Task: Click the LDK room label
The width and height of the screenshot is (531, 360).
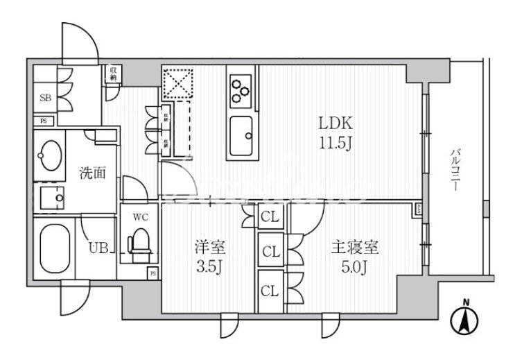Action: [x=336, y=125]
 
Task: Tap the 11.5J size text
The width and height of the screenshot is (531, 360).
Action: [x=336, y=144]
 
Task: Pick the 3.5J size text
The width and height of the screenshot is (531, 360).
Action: [x=208, y=267]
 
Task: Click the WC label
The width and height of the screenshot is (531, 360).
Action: [x=141, y=217]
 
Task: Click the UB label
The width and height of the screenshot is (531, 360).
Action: [x=97, y=247]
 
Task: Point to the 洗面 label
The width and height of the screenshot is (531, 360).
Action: [x=92, y=173]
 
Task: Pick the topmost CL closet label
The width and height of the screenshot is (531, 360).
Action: [x=270, y=218]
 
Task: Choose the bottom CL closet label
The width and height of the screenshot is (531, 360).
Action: [x=270, y=291]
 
